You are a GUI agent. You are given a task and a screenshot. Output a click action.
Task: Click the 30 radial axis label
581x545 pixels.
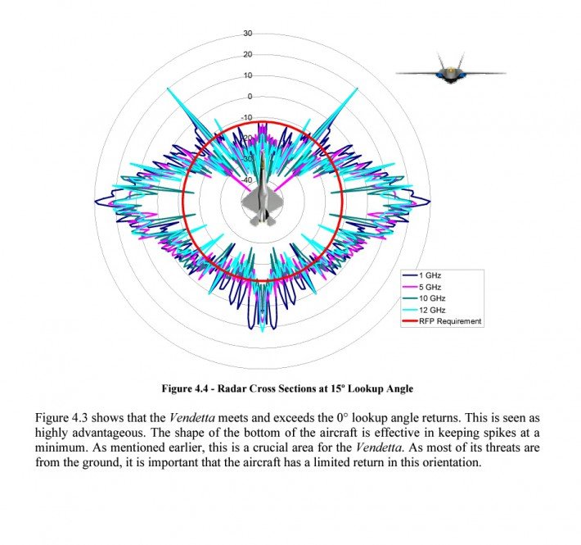pyautogui.click(x=248, y=34)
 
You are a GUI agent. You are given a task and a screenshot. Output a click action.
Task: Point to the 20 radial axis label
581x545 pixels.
pyautogui.click(x=248, y=54)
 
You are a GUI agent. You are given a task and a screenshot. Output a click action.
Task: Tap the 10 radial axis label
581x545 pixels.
pyautogui.click(x=248, y=75)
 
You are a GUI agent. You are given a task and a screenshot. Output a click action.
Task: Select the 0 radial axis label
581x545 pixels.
pyautogui.click(x=250, y=96)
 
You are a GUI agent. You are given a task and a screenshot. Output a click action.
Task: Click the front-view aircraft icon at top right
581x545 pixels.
pyautogui.click(x=450, y=72)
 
